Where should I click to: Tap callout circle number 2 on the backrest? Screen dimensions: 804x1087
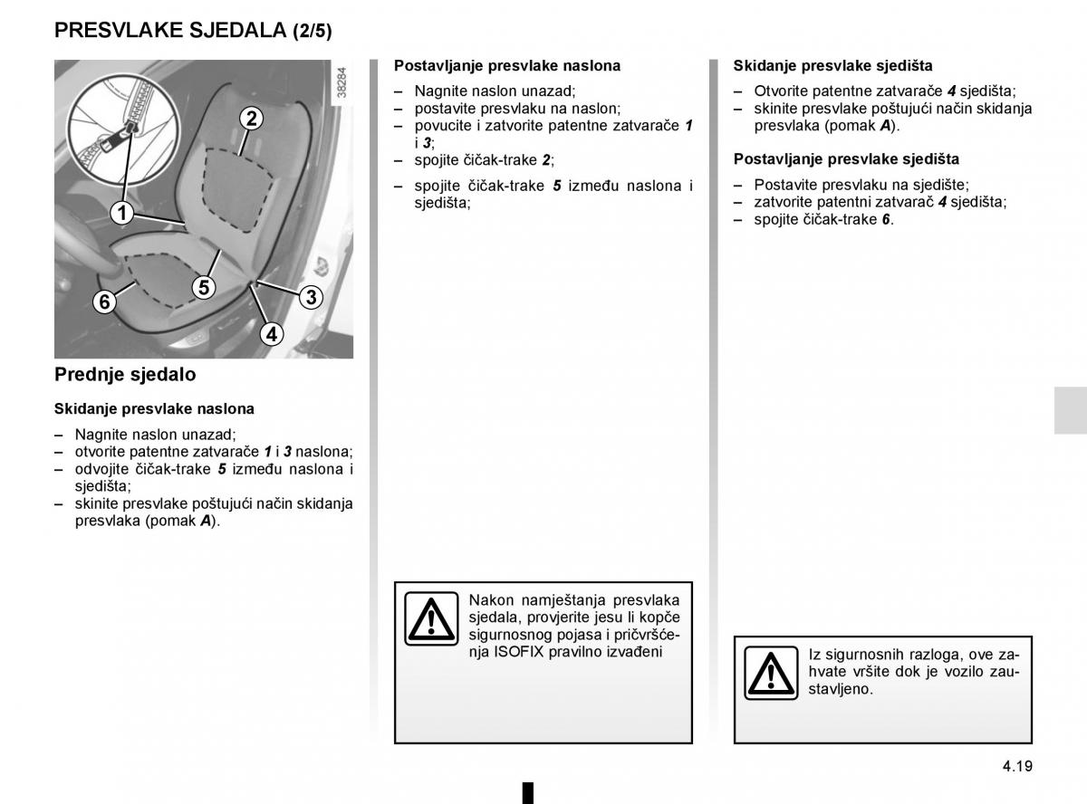pyautogui.click(x=251, y=118)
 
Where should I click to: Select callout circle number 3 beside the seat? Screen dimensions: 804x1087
pyautogui.click(x=310, y=297)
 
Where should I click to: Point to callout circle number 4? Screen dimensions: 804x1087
pyautogui.click(x=270, y=334)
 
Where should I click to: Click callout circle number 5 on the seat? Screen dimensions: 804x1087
pyautogui.click(x=204, y=288)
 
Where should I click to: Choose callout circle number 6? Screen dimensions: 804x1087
pyautogui.click(x=104, y=301)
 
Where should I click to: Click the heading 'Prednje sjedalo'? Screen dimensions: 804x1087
pyautogui.click(x=125, y=374)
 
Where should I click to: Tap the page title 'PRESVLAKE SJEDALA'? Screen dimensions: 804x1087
pyautogui.click(x=170, y=31)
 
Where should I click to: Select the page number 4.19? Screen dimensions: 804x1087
pyautogui.click(x=1017, y=765)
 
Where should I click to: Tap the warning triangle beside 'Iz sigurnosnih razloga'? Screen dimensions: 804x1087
pyautogui.click(x=771, y=675)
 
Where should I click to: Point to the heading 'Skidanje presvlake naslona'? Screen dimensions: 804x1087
pyautogui.click(x=154, y=409)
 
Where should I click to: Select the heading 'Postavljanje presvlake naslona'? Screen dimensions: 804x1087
pyautogui.click(x=507, y=66)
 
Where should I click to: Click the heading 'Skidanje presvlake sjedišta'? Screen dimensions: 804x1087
pyautogui.click(x=832, y=66)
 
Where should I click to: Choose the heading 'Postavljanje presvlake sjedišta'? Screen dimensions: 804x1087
pyautogui.click(x=846, y=159)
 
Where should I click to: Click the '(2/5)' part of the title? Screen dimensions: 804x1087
pyautogui.click(x=312, y=32)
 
